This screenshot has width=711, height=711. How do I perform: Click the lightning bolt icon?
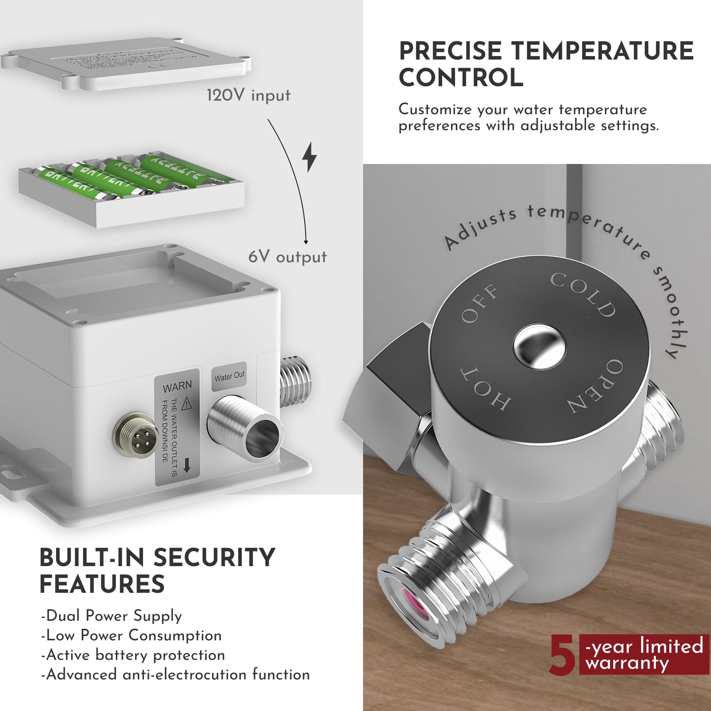click(310, 157)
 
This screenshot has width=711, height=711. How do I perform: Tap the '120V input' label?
click(248, 95)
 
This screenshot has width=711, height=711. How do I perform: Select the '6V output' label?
click(288, 257)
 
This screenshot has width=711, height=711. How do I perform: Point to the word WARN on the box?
click(177, 387)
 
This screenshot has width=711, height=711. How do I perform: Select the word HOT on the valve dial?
click(485, 388)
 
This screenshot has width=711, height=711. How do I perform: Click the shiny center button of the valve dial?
click(539, 346)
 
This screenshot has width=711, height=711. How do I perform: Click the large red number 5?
click(562, 655)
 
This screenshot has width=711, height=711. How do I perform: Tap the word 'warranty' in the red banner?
click(627, 663)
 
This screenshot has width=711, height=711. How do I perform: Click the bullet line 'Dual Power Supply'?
click(112, 616)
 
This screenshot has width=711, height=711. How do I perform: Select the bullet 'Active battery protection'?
click(133, 655)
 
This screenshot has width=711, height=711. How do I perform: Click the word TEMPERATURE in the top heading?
click(603, 51)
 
